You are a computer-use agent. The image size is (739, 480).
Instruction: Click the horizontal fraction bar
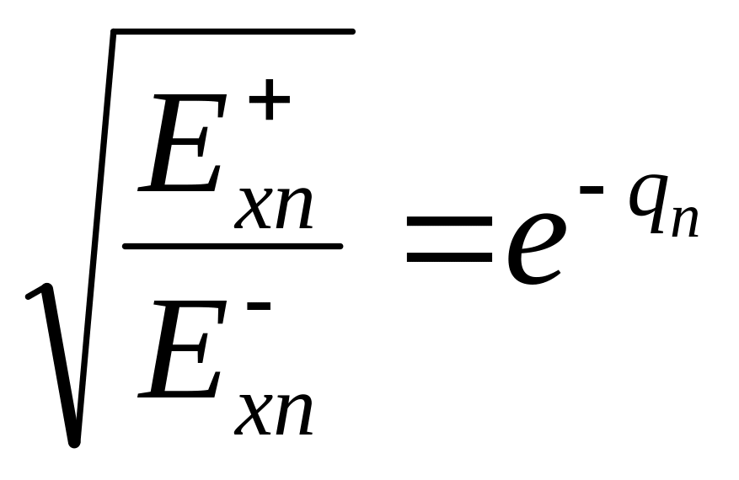(233, 247)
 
